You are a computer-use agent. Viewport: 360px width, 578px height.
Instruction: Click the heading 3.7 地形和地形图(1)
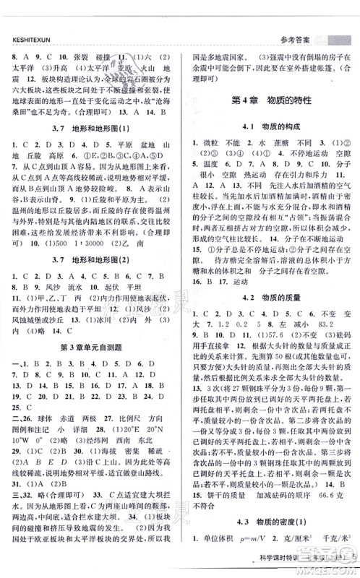click(x=85, y=129)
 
